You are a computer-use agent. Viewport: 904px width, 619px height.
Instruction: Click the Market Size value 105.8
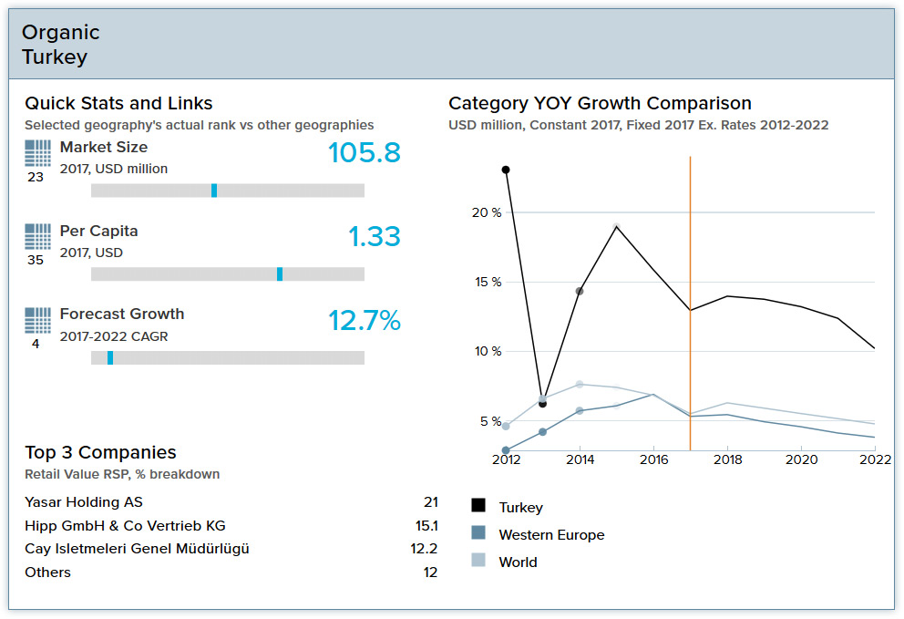(x=365, y=153)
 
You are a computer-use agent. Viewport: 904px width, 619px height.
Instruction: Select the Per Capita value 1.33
(x=375, y=237)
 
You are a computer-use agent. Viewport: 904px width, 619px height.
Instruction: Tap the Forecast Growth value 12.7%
(x=364, y=321)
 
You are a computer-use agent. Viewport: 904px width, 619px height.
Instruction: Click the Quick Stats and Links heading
(x=118, y=103)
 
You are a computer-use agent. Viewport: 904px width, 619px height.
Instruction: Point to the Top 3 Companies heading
(x=100, y=452)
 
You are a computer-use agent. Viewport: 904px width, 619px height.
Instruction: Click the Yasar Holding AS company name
(x=84, y=502)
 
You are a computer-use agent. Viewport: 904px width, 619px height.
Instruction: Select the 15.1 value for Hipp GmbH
(x=426, y=526)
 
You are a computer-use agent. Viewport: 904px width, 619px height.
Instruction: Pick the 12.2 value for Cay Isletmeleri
(x=425, y=549)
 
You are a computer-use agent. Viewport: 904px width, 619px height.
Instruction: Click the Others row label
(x=47, y=573)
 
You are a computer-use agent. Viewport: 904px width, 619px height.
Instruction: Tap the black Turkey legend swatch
(x=478, y=506)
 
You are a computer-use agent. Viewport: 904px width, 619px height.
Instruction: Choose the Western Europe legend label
(x=551, y=535)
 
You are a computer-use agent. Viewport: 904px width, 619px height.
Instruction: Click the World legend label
(x=518, y=562)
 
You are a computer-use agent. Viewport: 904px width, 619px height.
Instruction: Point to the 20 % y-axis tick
(x=485, y=212)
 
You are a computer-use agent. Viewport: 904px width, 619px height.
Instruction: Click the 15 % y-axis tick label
(x=485, y=282)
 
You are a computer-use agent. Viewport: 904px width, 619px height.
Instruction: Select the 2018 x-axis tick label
(x=727, y=460)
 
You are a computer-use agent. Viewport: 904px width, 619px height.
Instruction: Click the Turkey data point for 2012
(x=506, y=170)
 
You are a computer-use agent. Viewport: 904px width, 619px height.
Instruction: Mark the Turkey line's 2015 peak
(x=617, y=226)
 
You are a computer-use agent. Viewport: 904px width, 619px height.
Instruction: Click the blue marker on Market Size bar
(x=214, y=191)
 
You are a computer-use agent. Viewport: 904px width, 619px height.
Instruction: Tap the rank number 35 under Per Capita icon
(x=36, y=261)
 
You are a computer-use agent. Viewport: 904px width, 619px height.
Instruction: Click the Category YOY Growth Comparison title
(x=600, y=103)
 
